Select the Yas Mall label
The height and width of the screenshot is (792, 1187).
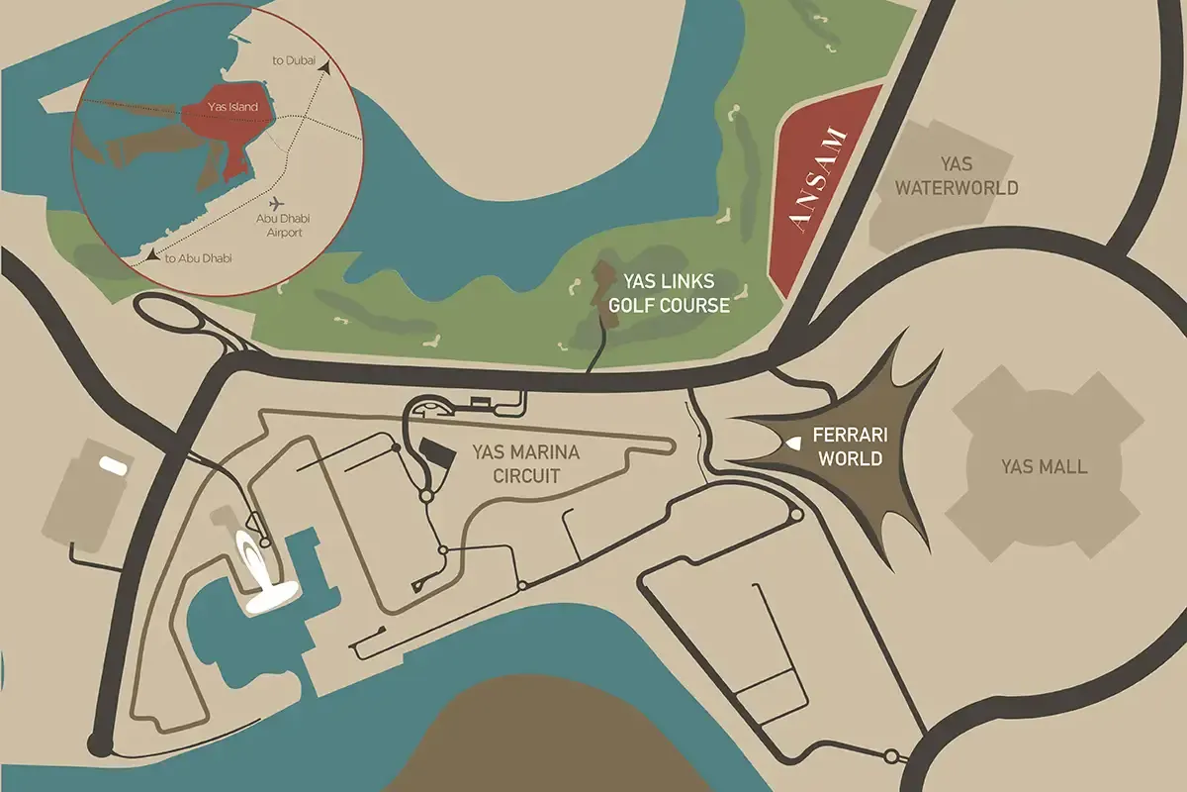[1044, 466]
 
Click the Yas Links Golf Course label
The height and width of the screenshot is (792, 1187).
[669, 292]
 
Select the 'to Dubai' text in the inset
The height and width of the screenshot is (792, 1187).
[294, 61]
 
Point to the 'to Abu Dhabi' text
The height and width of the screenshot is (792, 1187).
[198, 258]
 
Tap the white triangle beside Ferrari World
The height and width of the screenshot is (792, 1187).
[793, 445]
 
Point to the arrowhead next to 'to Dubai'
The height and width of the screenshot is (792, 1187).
[324, 61]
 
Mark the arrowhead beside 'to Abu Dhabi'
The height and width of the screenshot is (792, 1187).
[152, 255]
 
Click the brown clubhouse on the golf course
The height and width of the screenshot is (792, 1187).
[601, 284]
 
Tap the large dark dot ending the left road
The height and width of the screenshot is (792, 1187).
[98, 742]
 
